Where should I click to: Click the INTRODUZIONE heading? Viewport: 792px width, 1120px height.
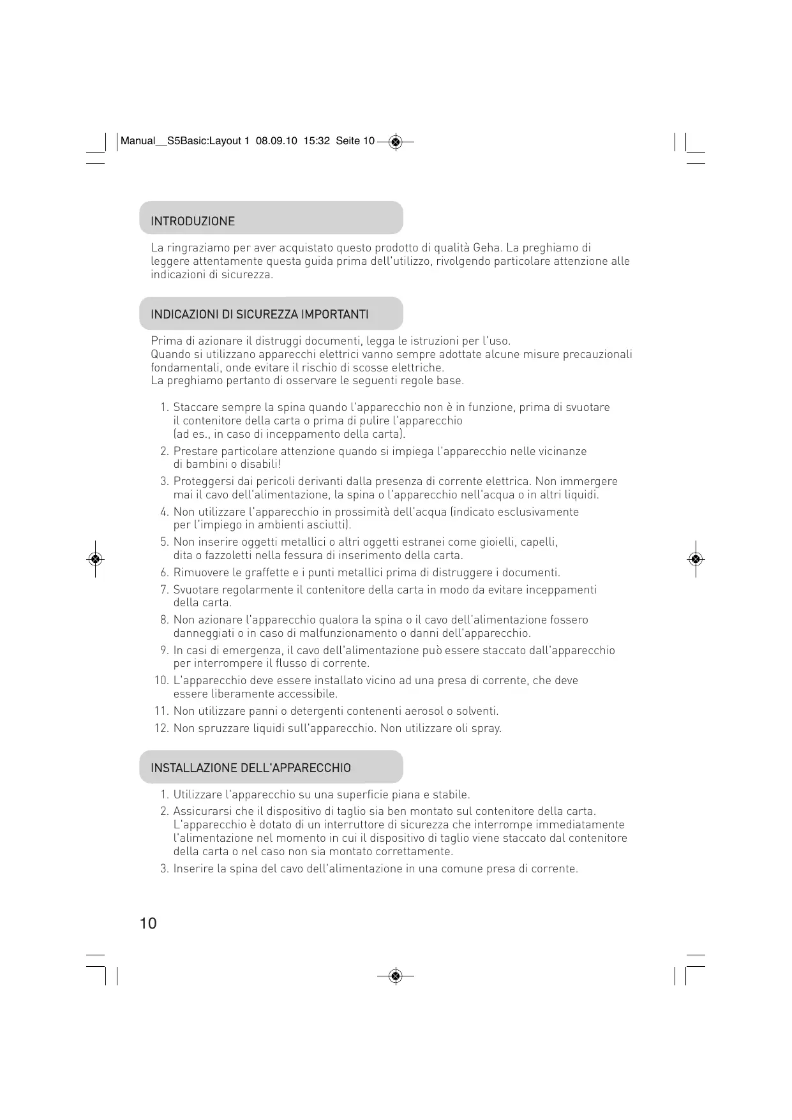click(193, 221)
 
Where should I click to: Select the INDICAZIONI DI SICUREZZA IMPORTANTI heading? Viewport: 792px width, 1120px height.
click(259, 315)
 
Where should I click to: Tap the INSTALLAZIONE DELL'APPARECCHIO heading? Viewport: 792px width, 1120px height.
click(250, 768)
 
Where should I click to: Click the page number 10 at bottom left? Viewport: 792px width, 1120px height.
click(147, 923)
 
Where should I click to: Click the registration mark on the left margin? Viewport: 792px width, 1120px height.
click(95, 559)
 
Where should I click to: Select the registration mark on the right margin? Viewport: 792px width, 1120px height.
click(696, 559)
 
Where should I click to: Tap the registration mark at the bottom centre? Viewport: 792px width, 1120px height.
click(396, 976)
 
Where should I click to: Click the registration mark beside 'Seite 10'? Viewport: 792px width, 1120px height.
click(396, 141)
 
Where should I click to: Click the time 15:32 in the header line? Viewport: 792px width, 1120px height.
click(317, 141)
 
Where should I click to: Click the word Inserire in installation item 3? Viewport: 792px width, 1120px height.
click(193, 869)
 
